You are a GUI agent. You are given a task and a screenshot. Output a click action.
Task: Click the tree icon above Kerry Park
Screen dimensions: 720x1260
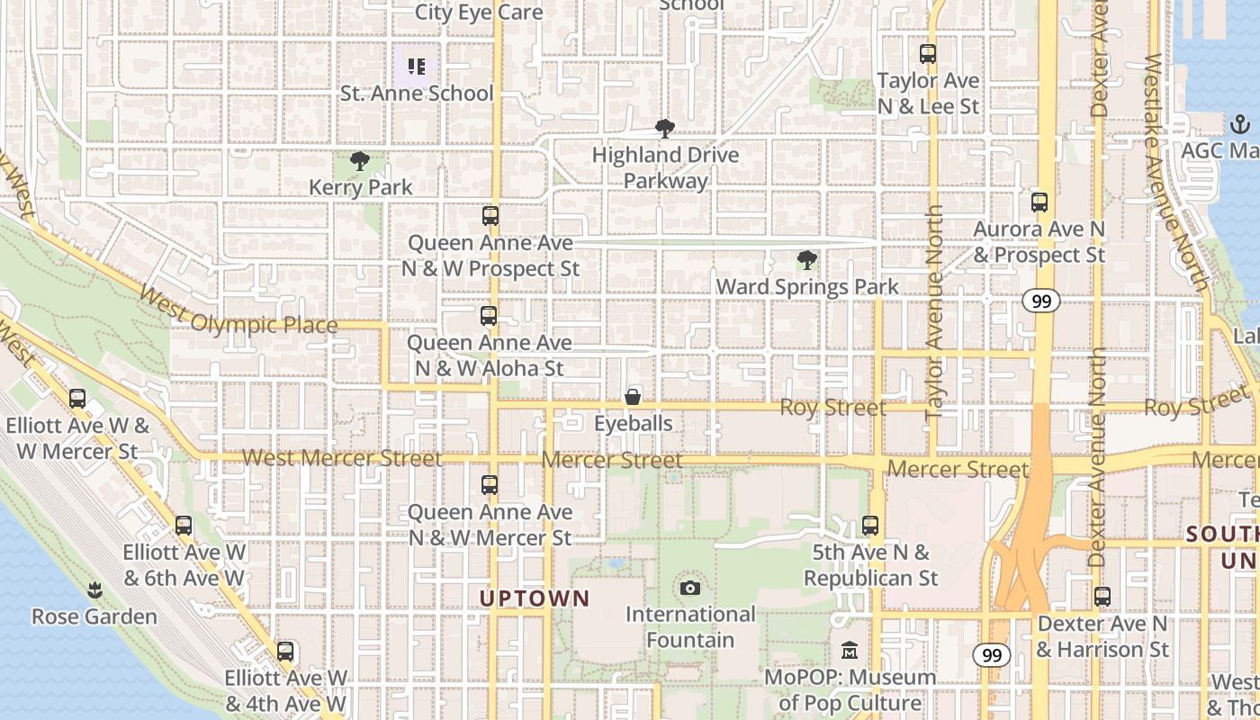pos(360,162)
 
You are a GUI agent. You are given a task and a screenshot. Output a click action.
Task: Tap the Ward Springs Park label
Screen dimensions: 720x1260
pos(807,287)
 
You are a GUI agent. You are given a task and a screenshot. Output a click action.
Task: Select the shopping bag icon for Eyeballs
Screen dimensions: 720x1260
pos(634,397)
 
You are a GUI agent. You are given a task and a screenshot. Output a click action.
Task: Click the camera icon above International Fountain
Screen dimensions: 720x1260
pos(690,589)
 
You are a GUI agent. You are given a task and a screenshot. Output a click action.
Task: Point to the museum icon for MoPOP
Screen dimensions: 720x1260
pos(850,651)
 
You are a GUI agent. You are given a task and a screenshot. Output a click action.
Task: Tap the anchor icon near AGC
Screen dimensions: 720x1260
pos(1240,123)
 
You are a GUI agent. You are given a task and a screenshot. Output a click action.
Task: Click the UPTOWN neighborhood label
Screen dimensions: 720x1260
pos(535,598)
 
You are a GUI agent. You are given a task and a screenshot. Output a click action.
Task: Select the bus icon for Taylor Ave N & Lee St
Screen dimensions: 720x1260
pos(928,54)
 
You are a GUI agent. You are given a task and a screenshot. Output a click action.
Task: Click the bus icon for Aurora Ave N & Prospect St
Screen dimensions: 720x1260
pos(1039,202)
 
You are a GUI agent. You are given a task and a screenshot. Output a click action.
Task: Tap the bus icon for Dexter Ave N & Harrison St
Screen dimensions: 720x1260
pos(1102,597)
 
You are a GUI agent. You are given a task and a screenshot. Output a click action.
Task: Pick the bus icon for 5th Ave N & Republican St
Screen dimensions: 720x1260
pos(870,526)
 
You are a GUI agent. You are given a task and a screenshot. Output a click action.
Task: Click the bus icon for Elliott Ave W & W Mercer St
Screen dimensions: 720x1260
pos(77,399)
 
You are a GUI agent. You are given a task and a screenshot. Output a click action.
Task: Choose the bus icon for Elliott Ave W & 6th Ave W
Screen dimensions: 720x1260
pos(184,526)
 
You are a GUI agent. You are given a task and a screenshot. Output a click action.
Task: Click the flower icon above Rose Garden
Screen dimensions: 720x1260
pos(94,590)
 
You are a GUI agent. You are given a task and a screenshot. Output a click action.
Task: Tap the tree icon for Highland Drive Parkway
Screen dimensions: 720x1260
pos(665,129)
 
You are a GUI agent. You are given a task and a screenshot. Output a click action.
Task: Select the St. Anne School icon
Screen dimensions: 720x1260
pos(416,66)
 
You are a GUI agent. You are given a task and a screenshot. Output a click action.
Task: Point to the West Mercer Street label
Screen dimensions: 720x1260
pos(342,458)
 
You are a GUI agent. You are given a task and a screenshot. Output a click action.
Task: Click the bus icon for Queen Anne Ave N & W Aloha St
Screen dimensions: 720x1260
pos(489,317)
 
